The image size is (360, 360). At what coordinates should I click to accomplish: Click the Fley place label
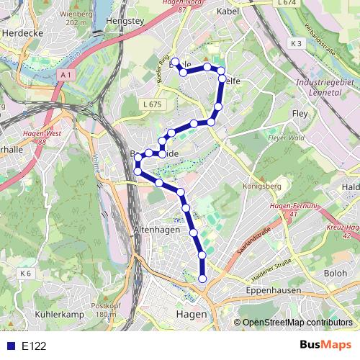pos(300,114)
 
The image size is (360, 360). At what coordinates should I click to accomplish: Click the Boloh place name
pos(336,274)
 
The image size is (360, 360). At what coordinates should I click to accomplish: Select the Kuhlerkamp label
pos(60,315)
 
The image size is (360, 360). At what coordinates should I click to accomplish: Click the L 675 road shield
pos(151,104)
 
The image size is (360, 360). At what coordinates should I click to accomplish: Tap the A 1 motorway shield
pos(66,75)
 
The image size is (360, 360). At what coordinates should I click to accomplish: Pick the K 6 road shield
pos(26,273)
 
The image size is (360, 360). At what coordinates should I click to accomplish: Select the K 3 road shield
pos(297,43)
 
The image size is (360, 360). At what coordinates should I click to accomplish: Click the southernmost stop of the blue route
pos(202,279)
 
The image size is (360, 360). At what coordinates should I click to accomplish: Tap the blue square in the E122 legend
pos(9,346)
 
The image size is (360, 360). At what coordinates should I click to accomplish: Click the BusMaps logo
pos(325,346)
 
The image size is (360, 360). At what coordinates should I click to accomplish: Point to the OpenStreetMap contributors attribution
pos(297,323)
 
